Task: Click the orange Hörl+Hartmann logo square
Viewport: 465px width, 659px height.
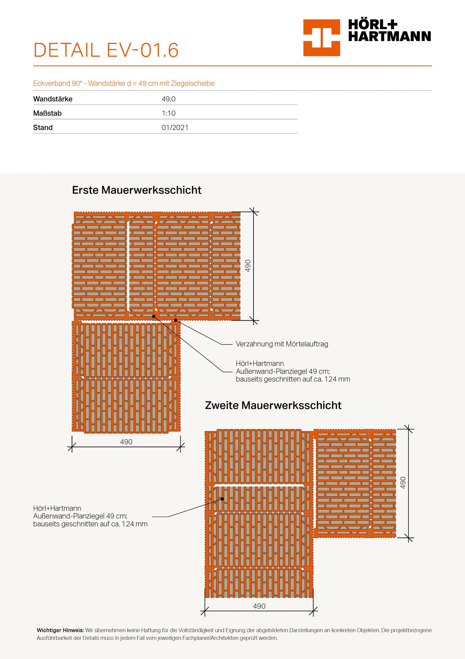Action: pos(321,38)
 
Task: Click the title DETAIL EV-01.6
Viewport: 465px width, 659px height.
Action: pos(106,50)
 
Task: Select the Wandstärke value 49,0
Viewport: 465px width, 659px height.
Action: pos(169,99)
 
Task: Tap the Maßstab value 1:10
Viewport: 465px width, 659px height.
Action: pos(169,113)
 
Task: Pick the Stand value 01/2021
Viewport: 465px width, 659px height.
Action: pos(175,127)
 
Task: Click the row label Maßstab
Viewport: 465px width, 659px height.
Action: pos(47,113)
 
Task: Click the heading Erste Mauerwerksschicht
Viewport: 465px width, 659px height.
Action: pos(137,190)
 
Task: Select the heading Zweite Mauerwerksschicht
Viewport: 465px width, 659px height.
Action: pos(273,405)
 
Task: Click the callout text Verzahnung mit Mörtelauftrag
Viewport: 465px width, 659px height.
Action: pos(282,344)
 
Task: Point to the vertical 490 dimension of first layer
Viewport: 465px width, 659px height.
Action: pos(248,265)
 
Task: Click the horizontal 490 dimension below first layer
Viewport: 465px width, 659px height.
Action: pos(126,442)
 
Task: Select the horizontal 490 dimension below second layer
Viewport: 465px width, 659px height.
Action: pos(259,606)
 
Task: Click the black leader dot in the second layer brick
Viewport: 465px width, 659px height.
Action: pos(222,499)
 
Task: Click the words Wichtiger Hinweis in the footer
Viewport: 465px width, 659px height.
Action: pos(60,630)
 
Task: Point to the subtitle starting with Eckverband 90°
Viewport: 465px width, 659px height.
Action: pos(124,83)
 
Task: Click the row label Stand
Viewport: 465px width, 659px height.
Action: pos(43,127)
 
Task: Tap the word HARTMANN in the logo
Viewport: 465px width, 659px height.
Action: pos(389,37)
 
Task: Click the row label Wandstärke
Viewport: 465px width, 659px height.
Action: pos(53,99)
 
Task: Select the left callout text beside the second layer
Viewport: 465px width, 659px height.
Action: pos(90,516)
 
